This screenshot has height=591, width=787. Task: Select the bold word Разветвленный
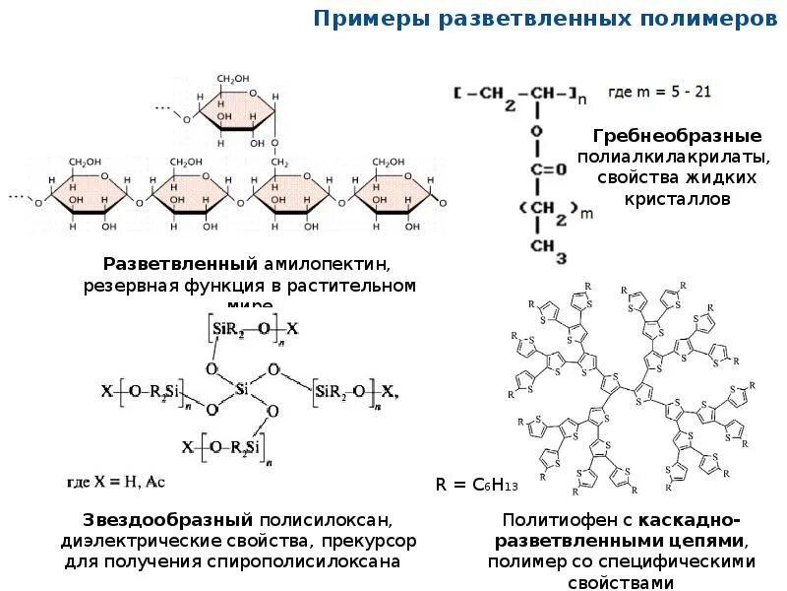click(x=180, y=265)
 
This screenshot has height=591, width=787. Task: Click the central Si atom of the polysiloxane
click(x=242, y=391)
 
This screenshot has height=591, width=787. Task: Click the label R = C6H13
click(x=476, y=485)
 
